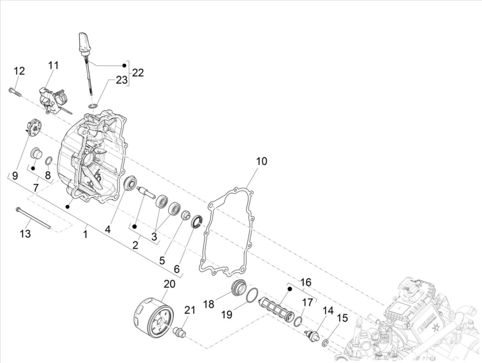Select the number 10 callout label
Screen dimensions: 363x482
tap(261, 161)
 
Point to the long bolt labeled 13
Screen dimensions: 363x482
tap(34, 219)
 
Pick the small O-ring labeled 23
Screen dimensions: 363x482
tap(93, 106)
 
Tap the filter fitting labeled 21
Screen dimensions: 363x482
tap(180, 332)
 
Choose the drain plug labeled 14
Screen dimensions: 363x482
tap(312, 335)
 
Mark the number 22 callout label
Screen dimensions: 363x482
tap(138, 73)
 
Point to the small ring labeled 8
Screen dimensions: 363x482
tap(49, 161)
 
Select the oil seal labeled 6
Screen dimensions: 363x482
tap(197, 221)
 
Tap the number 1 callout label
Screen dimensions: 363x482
tap(85, 234)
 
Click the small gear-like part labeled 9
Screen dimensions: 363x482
tap(33, 128)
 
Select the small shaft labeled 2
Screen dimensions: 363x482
tap(146, 192)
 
